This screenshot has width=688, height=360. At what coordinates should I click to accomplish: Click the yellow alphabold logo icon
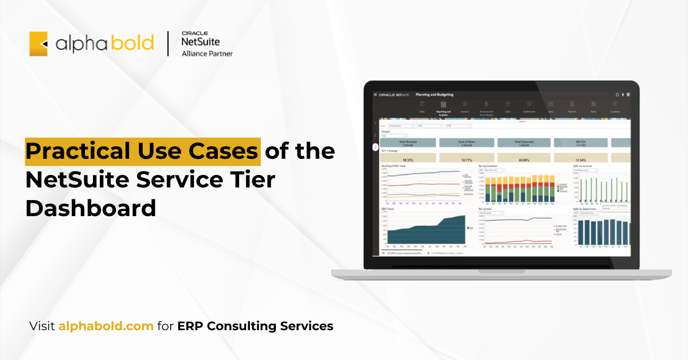(38, 44)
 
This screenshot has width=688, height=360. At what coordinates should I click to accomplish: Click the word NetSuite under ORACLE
(200, 42)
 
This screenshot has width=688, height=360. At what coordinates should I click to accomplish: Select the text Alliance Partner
(207, 54)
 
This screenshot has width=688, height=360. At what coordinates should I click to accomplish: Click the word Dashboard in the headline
(90, 208)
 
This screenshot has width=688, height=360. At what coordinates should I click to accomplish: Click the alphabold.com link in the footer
(105, 326)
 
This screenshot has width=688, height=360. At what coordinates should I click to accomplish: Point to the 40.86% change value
(523, 160)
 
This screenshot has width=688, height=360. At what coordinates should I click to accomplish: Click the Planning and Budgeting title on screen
(434, 95)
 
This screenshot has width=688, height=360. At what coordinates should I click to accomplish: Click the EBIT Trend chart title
(388, 209)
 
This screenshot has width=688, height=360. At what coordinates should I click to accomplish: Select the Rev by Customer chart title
(490, 166)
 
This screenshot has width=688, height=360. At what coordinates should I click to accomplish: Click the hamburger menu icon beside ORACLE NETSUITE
(375, 95)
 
